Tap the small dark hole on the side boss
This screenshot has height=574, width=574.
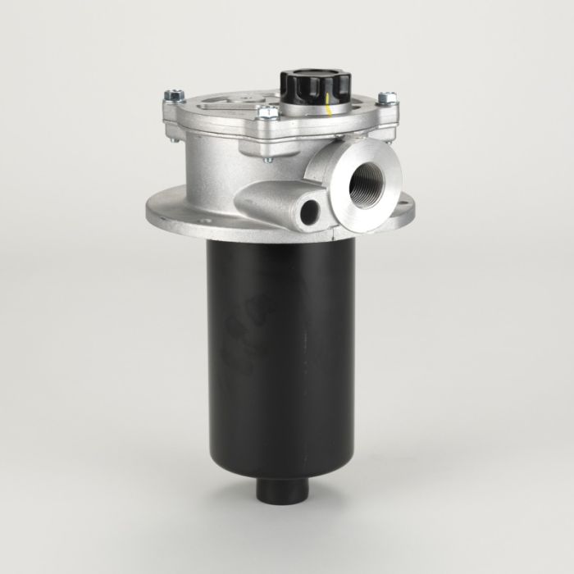[x=310, y=212]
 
